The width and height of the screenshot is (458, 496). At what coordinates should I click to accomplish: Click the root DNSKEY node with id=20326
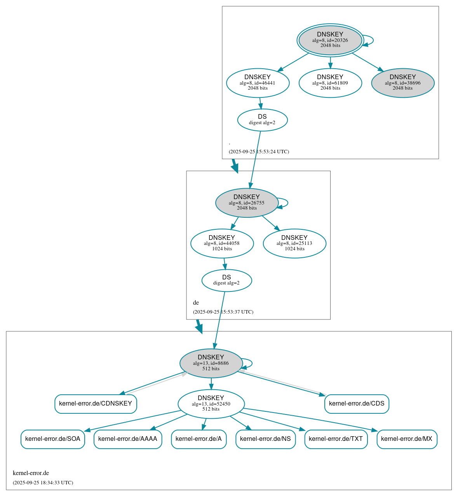point(330,40)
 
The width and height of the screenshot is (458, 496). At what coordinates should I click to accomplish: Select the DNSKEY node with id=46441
point(258,83)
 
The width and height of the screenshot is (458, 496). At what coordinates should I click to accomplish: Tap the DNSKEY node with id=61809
point(330,83)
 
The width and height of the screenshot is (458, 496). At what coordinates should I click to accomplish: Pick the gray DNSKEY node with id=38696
point(402,83)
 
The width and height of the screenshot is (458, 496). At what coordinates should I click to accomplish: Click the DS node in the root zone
point(262,120)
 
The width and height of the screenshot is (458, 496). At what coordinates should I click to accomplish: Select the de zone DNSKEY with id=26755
point(247,203)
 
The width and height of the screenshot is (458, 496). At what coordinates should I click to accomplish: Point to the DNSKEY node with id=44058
point(222,243)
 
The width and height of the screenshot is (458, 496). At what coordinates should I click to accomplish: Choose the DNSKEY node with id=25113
point(294,243)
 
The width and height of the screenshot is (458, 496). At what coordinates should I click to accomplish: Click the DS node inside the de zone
point(226,280)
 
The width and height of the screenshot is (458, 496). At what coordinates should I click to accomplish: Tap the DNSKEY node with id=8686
point(211,363)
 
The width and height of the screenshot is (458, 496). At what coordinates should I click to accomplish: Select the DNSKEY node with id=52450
point(211,404)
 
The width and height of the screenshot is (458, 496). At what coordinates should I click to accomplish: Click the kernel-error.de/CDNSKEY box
point(96,404)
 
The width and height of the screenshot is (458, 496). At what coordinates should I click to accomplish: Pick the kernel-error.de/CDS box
point(357,404)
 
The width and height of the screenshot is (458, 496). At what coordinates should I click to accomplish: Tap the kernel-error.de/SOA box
point(52,439)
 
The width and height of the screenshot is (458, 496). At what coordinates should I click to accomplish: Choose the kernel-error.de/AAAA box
point(128,439)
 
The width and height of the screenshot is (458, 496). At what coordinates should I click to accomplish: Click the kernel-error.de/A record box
point(199,439)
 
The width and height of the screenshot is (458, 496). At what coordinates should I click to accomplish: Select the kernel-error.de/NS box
point(265,439)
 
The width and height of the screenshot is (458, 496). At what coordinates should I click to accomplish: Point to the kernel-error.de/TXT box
point(336,439)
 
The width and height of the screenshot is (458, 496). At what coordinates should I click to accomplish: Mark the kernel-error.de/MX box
point(407,439)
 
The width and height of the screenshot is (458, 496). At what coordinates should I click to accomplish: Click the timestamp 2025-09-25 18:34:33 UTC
point(43,483)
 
